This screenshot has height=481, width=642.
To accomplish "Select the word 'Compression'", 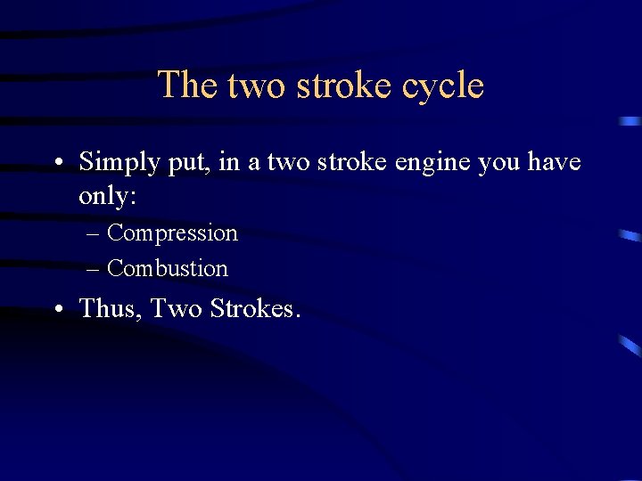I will (172, 233).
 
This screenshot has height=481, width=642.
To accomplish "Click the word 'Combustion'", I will (168, 268).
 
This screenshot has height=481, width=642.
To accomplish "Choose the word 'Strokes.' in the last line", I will (256, 308).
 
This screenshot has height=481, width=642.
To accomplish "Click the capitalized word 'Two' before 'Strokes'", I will (177, 308).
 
